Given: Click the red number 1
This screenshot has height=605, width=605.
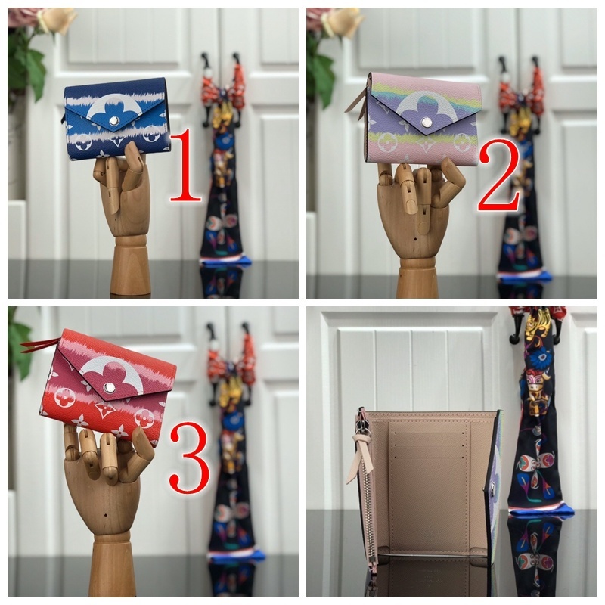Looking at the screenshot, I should (185, 166).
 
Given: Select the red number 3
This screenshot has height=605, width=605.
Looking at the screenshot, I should (188, 458).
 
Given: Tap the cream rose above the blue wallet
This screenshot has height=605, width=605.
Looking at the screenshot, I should (57, 19).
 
